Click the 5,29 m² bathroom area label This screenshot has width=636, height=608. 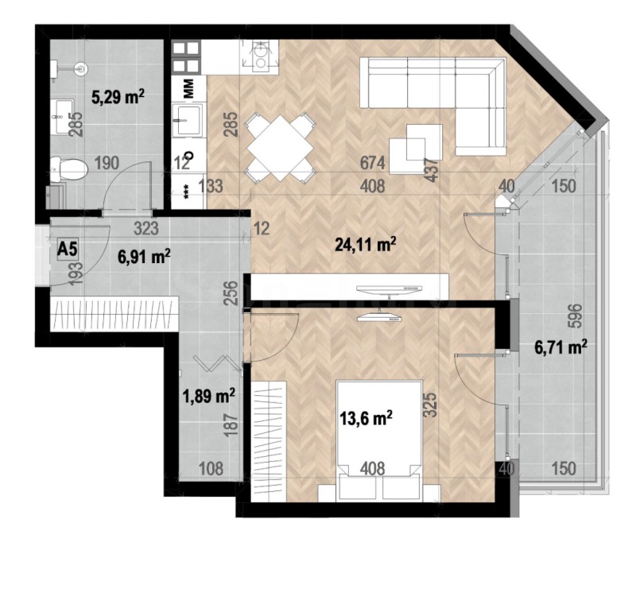[x=117, y=98]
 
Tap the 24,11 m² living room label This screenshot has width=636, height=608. [x=366, y=246]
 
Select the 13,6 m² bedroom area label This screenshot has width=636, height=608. [x=367, y=417]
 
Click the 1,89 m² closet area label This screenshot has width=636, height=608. [x=209, y=395]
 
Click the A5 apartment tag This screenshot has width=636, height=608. [x=68, y=249]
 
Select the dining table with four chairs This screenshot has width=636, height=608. [x=277, y=145]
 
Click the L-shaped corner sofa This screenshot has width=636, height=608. [x=445, y=95]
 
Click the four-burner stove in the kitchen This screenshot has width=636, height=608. [x=185, y=57]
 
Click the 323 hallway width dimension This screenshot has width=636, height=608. [x=147, y=229]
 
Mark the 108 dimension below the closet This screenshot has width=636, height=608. [x=210, y=468]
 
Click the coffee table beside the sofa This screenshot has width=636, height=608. [x=424, y=143]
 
